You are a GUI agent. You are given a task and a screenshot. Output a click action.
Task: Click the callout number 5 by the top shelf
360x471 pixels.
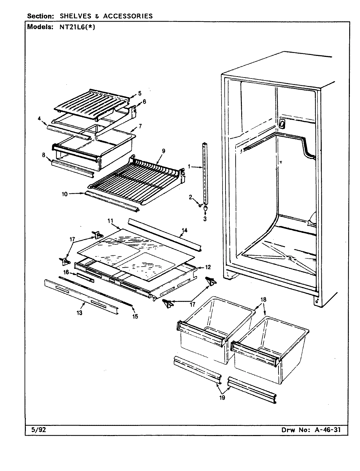point(140,93)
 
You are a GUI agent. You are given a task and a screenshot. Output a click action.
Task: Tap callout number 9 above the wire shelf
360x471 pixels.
point(163,151)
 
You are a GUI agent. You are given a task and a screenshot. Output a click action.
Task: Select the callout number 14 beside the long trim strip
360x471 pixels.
point(184,231)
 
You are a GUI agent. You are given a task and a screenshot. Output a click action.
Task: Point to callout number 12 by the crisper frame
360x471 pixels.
point(208,267)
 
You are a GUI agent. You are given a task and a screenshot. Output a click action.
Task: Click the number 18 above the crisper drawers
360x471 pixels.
point(263,299)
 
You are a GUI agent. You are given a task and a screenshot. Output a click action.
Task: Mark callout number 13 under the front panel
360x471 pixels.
point(80,313)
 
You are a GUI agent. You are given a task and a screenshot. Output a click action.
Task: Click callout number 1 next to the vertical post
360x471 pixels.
point(189,167)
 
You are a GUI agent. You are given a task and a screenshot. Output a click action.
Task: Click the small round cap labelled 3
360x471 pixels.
point(205,208)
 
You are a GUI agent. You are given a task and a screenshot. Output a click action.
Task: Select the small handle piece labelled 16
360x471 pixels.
point(85,277)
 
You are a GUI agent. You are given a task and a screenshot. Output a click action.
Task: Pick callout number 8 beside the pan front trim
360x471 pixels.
point(43,155)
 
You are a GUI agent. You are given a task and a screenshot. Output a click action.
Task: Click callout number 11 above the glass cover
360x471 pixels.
point(110,221)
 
